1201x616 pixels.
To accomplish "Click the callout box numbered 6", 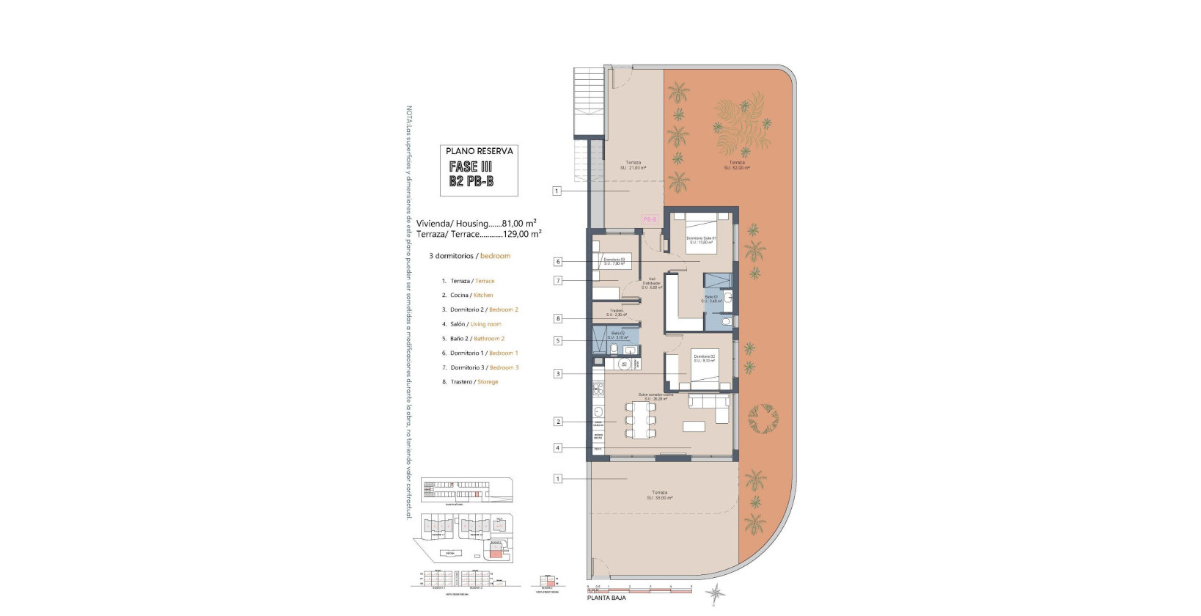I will [558, 262].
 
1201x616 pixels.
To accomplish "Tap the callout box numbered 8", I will [558, 319].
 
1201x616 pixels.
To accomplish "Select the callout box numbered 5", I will [558, 340].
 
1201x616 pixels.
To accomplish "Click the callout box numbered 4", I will [558, 448].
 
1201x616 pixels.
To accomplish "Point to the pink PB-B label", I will [650, 219].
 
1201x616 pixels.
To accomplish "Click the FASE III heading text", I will [470, 167].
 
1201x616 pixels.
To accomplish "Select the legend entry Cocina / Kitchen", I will [471, 295].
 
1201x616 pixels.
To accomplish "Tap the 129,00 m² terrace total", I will [522, 234].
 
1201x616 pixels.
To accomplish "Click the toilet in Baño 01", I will [726, 321].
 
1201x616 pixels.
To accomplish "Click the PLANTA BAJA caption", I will [611, 598].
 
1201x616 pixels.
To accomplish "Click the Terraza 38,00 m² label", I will [659, 495].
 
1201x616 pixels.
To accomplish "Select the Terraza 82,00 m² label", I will [736, 165].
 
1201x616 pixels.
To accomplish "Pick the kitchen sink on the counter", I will [598, 411].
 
